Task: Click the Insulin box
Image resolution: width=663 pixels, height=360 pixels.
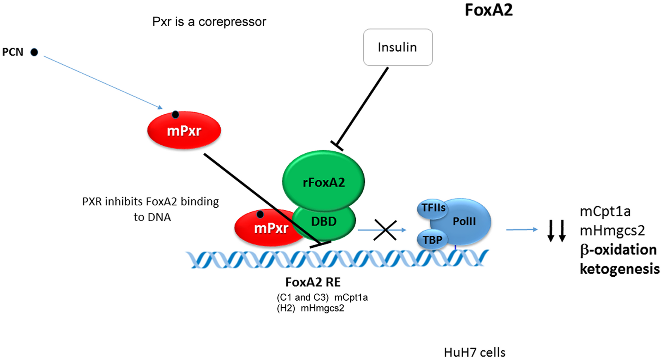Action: point(398,47)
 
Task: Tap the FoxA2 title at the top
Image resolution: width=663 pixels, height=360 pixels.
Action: point(488,10)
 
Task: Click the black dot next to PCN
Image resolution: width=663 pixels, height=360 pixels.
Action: point(34,52)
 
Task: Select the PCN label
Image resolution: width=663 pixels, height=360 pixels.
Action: point(13,52)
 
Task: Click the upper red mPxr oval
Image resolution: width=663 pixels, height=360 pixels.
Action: point(184,130)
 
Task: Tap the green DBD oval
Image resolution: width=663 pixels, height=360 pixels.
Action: point(324,222)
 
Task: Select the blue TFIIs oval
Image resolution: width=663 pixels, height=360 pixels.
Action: point(433,208)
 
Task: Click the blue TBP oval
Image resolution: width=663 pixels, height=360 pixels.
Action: point(432,240)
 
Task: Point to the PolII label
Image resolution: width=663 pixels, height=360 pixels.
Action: point(464,221)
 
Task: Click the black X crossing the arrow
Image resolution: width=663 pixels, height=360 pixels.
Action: point(385,230)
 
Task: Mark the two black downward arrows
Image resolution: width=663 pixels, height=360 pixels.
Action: point(556,231)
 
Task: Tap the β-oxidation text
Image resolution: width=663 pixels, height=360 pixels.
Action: point(618,250)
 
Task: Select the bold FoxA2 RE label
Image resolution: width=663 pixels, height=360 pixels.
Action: point(313,282)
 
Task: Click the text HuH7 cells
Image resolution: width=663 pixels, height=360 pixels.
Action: point(474,352)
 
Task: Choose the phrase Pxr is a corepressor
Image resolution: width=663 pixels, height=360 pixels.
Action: point(209,22)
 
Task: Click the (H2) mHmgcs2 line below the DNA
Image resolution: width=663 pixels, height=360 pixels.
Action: point(310,308)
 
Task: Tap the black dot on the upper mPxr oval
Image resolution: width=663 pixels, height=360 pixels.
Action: point(175,115)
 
